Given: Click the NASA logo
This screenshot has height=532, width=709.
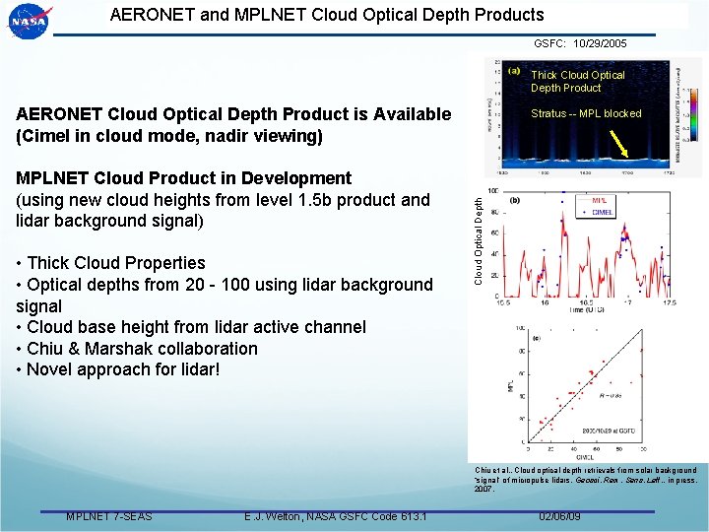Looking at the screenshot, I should [x=28, y=21].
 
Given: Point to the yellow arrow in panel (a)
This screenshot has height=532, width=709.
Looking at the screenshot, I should [x=623, y=146].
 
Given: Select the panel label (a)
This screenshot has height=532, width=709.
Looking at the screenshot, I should [x=514, y=71].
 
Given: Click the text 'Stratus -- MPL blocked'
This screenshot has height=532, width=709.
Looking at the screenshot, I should [x=586, y=113].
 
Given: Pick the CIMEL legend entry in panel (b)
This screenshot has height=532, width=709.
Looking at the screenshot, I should [x=602, y=212].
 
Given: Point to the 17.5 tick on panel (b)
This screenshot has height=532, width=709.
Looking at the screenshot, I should [x=671, y=302].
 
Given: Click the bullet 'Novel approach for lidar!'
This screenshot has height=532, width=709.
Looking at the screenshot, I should [x=123, y=370].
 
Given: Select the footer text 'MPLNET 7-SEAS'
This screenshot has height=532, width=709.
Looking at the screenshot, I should [x=108, y=517].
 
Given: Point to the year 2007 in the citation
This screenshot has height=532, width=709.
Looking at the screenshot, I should [x=484, y=489].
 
